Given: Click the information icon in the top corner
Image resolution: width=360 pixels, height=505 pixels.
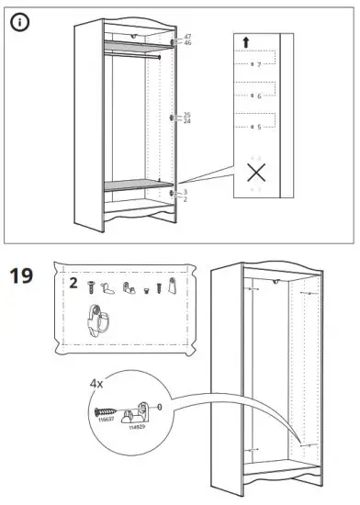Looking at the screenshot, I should [x=18, y=21].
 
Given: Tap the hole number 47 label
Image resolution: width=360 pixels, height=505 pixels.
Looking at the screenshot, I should [x=186, y=36].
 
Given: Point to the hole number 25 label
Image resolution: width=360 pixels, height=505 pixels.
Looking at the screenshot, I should [x=186, y=114].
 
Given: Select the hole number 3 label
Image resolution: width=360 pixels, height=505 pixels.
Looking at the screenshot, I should [x=186, y=191].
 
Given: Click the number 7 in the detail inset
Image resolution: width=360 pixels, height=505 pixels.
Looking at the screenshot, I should [x=259, y=64].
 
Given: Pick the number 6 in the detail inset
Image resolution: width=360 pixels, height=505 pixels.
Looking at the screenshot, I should [x=259, y=95].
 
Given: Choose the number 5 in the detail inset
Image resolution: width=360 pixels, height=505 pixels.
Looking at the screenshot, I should [x=259, y=126].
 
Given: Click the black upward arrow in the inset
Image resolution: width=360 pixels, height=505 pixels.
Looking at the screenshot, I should [x=246, y=41].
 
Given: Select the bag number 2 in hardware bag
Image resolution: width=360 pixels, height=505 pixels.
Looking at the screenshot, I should [x=73, y=285].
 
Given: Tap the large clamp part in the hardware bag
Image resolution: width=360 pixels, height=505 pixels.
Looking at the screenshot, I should [x=97, y=319].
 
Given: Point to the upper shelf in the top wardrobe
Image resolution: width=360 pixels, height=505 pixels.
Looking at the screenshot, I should [x=136, y=42].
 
